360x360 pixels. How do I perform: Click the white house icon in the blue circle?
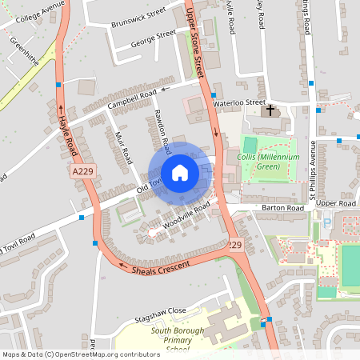[x=179, y=173]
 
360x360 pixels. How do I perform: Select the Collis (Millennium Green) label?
[x=268, y=162]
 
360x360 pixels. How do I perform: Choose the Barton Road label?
[x=283, y=208]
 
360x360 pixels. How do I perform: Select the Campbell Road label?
[x=132, y=100]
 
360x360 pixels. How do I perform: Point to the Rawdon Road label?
[x=162, y=132]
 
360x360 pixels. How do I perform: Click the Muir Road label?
[x=122, y=149]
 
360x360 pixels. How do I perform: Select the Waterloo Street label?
[x=238, y=102]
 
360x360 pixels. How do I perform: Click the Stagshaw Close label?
[x=160, y=310]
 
